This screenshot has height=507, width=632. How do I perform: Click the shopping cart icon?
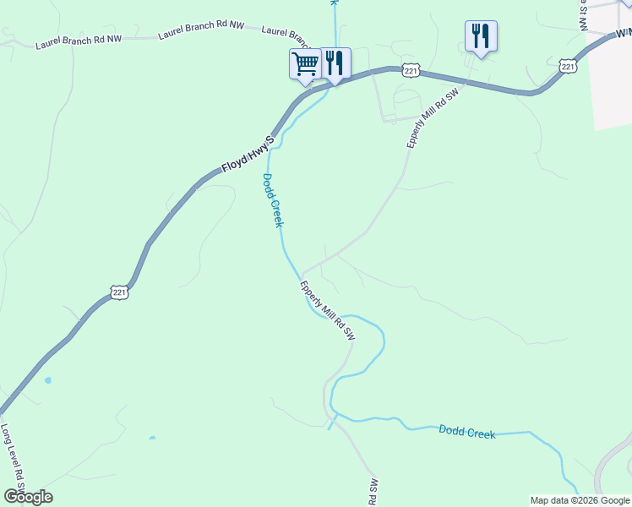tap(304, 63)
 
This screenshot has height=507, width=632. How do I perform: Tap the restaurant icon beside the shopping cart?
tap(335, 63)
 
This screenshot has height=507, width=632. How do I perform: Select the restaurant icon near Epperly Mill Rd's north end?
tap(481, 35)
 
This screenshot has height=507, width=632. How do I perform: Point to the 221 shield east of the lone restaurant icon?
tap(567, 65)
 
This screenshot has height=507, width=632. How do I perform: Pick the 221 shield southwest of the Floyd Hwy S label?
tap(119, 292)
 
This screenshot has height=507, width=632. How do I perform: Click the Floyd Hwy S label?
tap(248, 155)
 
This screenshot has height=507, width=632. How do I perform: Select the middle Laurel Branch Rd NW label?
tap(201, 32)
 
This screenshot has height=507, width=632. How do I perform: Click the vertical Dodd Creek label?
tap(271, 200)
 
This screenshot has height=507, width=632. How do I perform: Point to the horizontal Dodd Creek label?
tap(466, 431)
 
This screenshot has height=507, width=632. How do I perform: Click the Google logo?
tap(28, 497)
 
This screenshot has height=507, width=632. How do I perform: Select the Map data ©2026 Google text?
tap(580, 500)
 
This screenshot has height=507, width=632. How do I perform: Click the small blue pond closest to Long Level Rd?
tap(48, 381)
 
